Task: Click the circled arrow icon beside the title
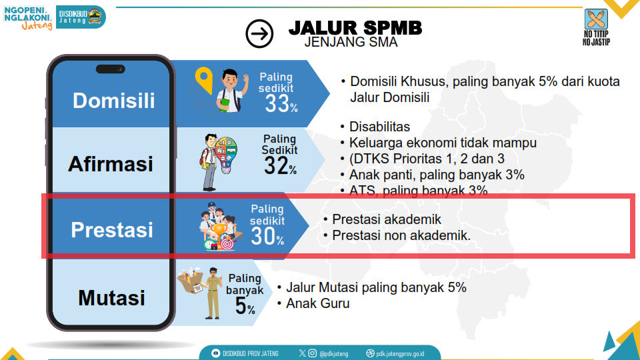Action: pyautogui.click(x=259, y=33)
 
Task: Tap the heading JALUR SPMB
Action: pyautogui.click(x=355, y=28)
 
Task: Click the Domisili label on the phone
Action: pyautogui.click(x=113, y=100)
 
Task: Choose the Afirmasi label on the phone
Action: pyautogui.click(x=111, y=163)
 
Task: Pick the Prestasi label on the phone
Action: pyautogui.click(x=112, y=229)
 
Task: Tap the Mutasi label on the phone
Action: pyautogui.click(x=111, y=297)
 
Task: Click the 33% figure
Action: pyautogui.click(x=281, y=103)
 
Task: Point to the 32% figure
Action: pyautogui.click(x=280, y=167)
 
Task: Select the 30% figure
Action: pyautogui.click(x=267, y=236)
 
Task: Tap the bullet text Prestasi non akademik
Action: pyautogui.click(x=401, y=235)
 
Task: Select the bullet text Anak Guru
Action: pyautogui.click(x=317, y=303)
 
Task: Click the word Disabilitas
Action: pyautogui.click(x=379, y=127)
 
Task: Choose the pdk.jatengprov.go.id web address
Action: pyautogui.click(x=399, y=353)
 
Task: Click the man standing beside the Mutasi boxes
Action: pyautogui.click(x=213, y=293)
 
